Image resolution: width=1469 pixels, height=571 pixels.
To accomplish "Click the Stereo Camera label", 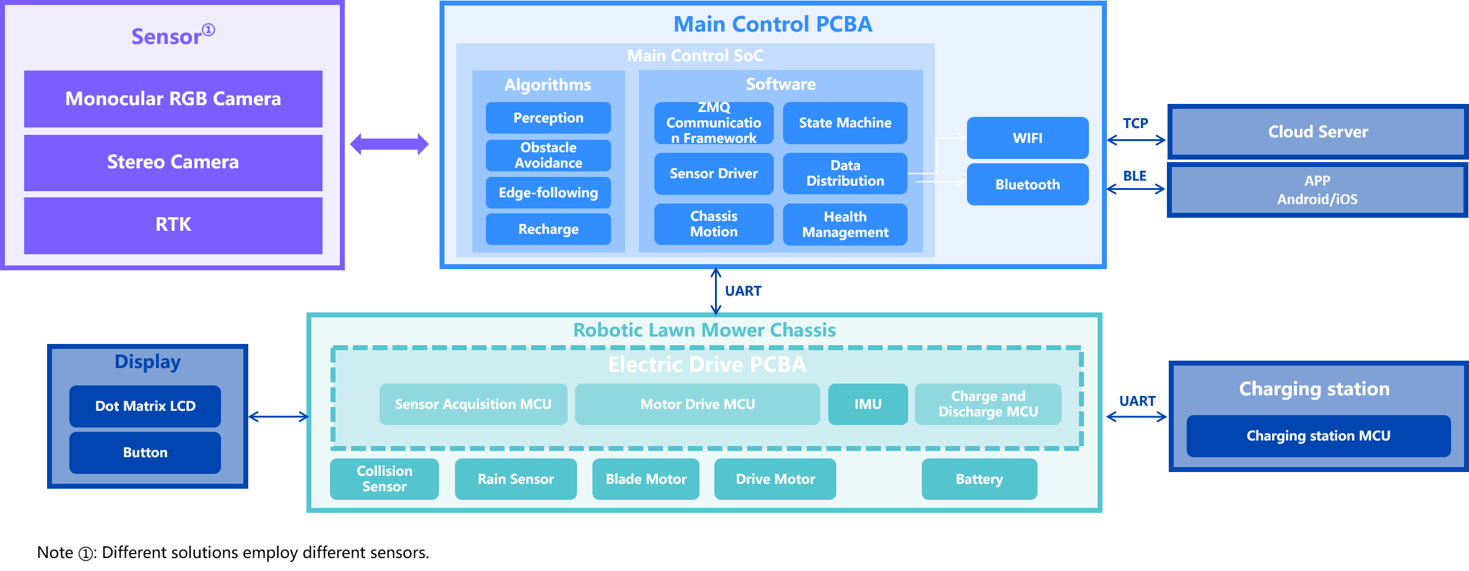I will [x=173, y=161].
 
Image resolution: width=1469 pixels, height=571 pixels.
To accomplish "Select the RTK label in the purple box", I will [x=173, y=224].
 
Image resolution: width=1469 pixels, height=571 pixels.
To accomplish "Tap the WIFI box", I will [x=1028, y=138].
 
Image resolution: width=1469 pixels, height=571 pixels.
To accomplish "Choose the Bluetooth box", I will [x=1028, y=184].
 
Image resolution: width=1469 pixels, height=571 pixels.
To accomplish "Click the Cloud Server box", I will [x=1318, y=132].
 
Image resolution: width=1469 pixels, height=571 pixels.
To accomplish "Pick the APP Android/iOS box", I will [x=1317, y=190].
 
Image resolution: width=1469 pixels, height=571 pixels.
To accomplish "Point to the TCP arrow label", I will [x=1135, y=123].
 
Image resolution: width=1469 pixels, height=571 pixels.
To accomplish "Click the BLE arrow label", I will [x=1135, y=176].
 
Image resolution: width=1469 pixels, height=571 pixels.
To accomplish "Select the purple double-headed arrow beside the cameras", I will [x=389, y=144].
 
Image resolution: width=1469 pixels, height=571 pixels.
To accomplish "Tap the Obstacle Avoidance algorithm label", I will [x=548, y=155].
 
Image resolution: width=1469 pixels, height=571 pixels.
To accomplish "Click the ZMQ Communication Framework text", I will [x=714, y=122].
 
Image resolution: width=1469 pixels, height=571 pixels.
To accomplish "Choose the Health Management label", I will [x=845, y=225].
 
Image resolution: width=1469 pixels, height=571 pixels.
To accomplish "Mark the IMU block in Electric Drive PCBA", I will [x=868, y=404].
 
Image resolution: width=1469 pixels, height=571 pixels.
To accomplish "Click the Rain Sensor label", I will [x=516, y=479].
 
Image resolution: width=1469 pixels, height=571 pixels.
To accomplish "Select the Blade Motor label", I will [x=646, y=479].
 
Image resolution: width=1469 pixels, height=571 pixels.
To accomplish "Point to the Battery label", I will [x=979, y=479].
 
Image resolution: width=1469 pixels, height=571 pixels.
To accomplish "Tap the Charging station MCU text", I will [x=1318, y=436].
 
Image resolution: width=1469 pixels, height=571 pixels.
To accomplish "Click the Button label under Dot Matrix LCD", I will [x=145, y=452].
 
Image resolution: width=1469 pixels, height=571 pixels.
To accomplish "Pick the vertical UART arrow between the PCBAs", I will [x=716, y=291].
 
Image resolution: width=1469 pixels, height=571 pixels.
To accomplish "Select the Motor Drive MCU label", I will [x=698, y=404].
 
